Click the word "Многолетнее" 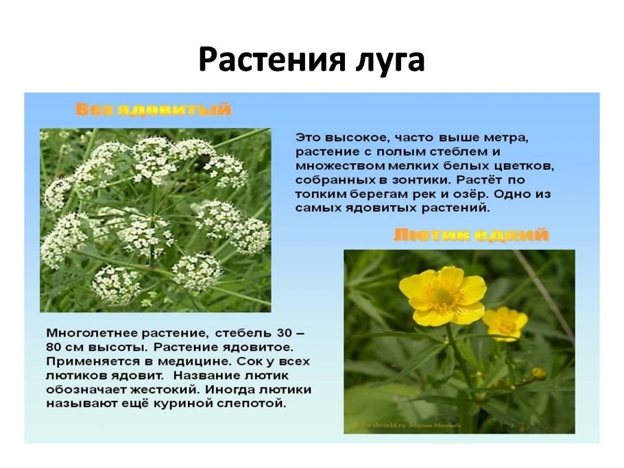(89, 333)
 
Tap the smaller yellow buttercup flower (505, 323)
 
